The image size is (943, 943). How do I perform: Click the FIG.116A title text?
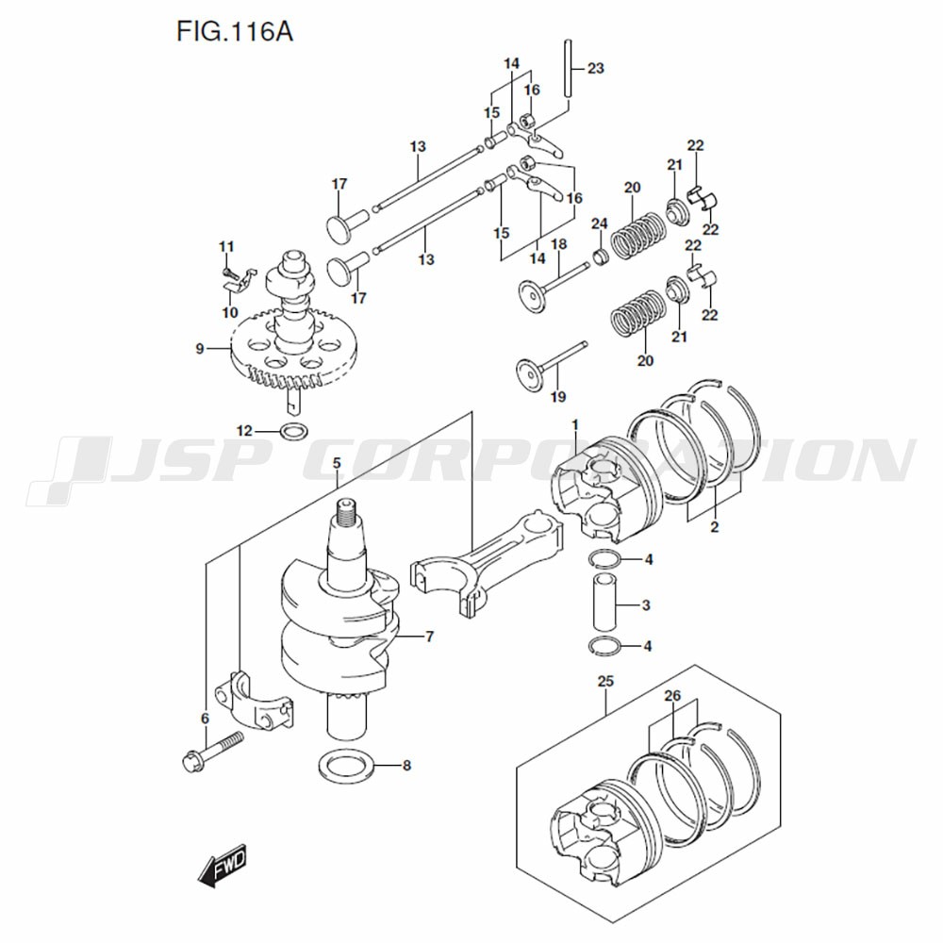pyautogui.click(x=235, y=34)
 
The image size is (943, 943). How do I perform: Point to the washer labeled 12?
pyautogui.click(x=293, y=432)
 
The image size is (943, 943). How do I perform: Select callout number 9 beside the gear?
pyautogui.click(x=199, y=349)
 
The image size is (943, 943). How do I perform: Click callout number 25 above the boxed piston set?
pyautogui.click(x=605, y=680)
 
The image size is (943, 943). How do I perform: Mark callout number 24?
pyautogui.click(x=598, y=223)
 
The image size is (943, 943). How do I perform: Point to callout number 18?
pyautogui.click(x=558, y=244)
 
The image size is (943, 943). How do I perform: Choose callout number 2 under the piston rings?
pyautogui.click(x=714, y=527)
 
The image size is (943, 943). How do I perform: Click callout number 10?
pyautogui.click(x=230, y=312)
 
